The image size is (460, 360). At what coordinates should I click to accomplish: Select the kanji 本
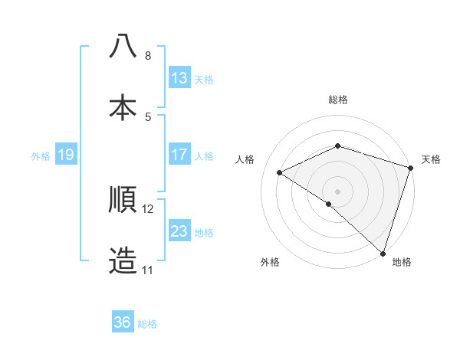123,107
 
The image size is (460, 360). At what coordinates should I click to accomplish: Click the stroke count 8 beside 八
148,56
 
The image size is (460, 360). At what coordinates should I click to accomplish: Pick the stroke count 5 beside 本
148,116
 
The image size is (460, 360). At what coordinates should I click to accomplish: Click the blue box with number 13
179,78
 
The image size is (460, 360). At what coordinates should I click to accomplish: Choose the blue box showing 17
179,155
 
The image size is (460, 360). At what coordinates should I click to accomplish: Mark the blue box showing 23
179,231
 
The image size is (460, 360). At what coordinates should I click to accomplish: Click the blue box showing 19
65,155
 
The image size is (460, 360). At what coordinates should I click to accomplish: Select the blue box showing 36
123,322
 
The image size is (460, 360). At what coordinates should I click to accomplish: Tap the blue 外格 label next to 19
41,155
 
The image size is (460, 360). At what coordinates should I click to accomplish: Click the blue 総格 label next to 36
147,324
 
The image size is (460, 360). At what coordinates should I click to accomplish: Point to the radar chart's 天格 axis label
431,159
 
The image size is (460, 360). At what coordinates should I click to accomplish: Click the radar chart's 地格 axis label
402,262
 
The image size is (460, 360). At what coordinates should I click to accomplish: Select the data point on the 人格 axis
280,173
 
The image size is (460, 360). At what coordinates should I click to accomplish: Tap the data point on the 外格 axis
329,204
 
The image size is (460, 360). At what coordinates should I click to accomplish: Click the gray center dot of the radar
337,191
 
